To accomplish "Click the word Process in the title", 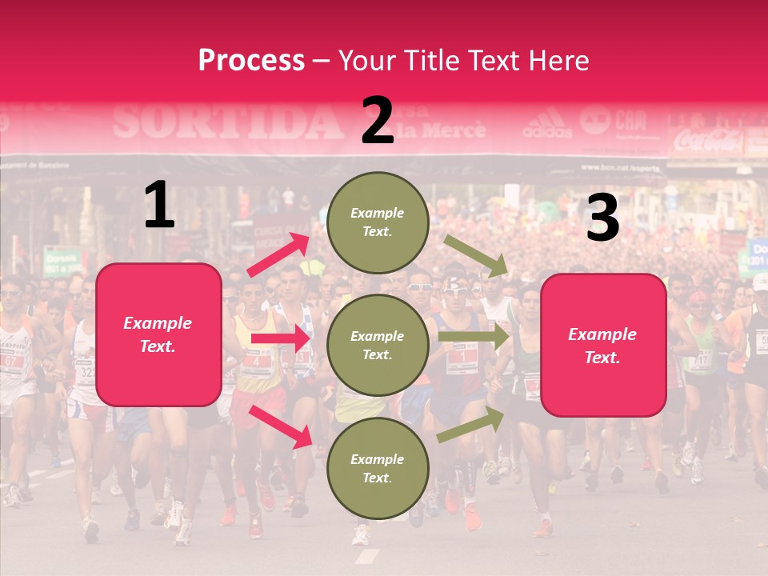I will pyautogui.click(x=251, y=61).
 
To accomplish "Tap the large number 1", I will pyautogui.click(x=159, y=206).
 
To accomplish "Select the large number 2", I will pyautogui.click(x=378, y=121).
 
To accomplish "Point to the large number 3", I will pyautogui.click(x=602, y=218).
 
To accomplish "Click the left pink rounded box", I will pyautogui.click(x=158, y=334).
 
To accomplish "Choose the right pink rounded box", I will pyautogui.click(x=603, y=346).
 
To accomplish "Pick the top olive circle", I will pyautogui.click(x=378, y=222).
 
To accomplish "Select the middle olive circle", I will pyautogui.click(x=378, y=345).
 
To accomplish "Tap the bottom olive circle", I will pyautogui.click(x=378, y=468).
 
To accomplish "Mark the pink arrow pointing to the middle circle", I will pyautogui.click(x=280, y=338).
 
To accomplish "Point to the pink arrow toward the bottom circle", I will pyautogui.click(x=280, y=426).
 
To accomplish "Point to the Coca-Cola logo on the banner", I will pyautogui.click(x=708, y=141).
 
